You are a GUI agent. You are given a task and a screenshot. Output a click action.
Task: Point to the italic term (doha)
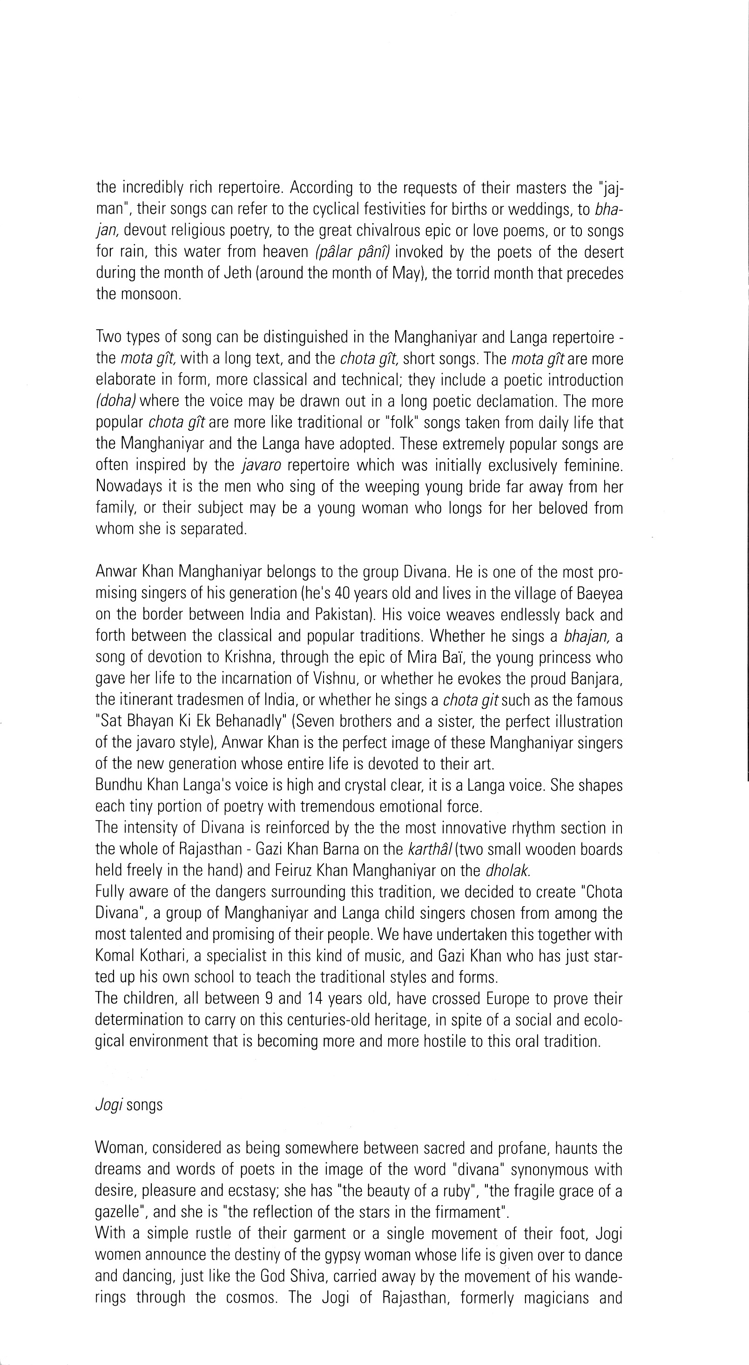113,401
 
